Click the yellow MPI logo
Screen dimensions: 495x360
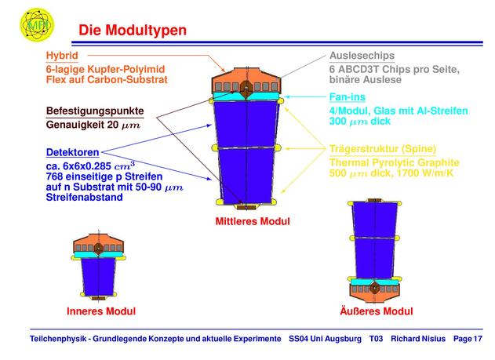coord(37,25)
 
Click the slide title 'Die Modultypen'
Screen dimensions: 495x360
coord(133,31)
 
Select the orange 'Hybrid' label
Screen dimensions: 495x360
coord(62,56)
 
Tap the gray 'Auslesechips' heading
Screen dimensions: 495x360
coord(362,56)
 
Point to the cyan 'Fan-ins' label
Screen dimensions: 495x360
coord(348,96)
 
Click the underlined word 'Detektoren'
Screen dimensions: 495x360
coord(73,152)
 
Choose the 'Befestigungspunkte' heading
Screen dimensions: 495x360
coord(95,111)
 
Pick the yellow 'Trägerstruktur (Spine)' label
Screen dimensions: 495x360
coord(383,148)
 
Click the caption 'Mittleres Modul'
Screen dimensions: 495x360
coord(253,221)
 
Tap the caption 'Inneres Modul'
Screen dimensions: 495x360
coord(101,311)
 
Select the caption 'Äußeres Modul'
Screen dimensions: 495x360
coord(377,311)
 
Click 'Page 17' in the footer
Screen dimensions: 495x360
coord(468,339)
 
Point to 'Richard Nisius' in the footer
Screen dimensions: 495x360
coord(418,339)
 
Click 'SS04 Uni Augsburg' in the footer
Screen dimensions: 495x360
coord(325,339)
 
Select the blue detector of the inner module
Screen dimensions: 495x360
coord(99,276)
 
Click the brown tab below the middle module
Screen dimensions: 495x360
coord(246,207)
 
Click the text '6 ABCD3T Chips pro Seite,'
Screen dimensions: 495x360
coord(395,70)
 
